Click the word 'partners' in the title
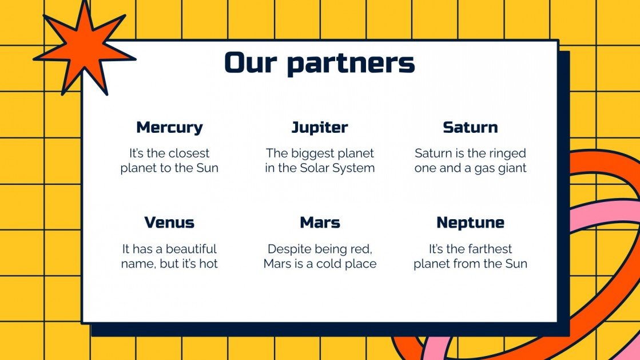[x=351, y=63]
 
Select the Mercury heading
[x=169, y=127]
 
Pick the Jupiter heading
[x=320, y=127]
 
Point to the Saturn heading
[x=470, y=127]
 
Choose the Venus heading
[x=169, y=222]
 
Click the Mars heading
[x=320, y=222]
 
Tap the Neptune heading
[x=470, y=222]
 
